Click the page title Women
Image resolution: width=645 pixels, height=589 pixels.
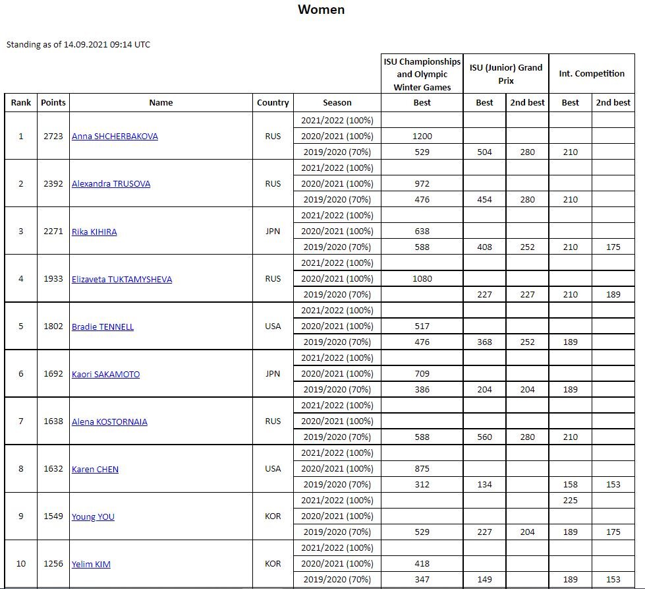[321, 9]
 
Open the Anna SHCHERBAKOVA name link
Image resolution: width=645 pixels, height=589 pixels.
[115, 137]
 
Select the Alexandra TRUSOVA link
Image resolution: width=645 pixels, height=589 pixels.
[111, 184]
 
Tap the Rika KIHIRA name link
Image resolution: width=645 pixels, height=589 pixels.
[94, 232]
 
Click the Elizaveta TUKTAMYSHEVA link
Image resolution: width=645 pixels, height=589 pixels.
[122, 279]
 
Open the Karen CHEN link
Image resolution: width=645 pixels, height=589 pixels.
[95, 469]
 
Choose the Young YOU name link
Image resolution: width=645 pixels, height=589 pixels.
[93, 516]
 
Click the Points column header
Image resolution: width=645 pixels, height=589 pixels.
[53, 102]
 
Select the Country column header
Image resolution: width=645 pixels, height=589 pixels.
[273, 102]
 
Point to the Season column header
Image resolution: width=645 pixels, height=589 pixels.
[337, 102]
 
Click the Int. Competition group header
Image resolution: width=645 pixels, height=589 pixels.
[592, 73]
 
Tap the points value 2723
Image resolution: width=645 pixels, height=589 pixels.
[53, 137]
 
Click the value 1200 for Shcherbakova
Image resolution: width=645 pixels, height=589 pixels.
[422, 137]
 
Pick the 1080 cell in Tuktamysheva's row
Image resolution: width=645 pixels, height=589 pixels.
[422, 279]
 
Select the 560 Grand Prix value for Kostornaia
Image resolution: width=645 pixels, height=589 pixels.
[484, 437]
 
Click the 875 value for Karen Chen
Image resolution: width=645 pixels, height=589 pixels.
[422, 469]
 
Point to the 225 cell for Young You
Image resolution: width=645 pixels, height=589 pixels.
[571, 500]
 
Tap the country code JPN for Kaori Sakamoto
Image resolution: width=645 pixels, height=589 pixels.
[273, 374]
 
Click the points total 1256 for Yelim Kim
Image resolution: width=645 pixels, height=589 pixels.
[53, 564]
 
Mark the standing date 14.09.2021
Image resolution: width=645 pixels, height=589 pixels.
[85, 45]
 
